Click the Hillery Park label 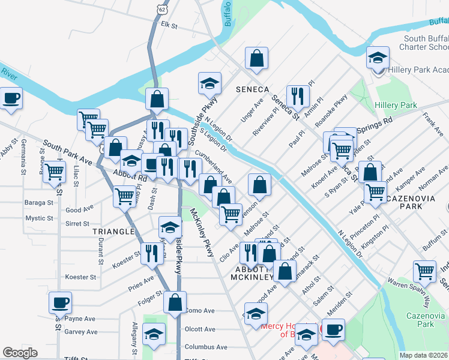[x=396, y=105]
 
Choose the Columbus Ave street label [x=206, y=347]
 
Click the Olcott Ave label [x=200, y=329]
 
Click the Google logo [x=20, y=353]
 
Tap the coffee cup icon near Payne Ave [x=59, y=302]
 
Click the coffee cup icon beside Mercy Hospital [x=333, y=329]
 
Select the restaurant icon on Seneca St [x=297, y=95]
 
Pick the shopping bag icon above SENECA [x=256, y=59]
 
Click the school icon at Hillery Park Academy [x=378, y=58]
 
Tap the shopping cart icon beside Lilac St [x=54, y=172]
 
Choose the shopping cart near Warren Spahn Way [x=425, y=271]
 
